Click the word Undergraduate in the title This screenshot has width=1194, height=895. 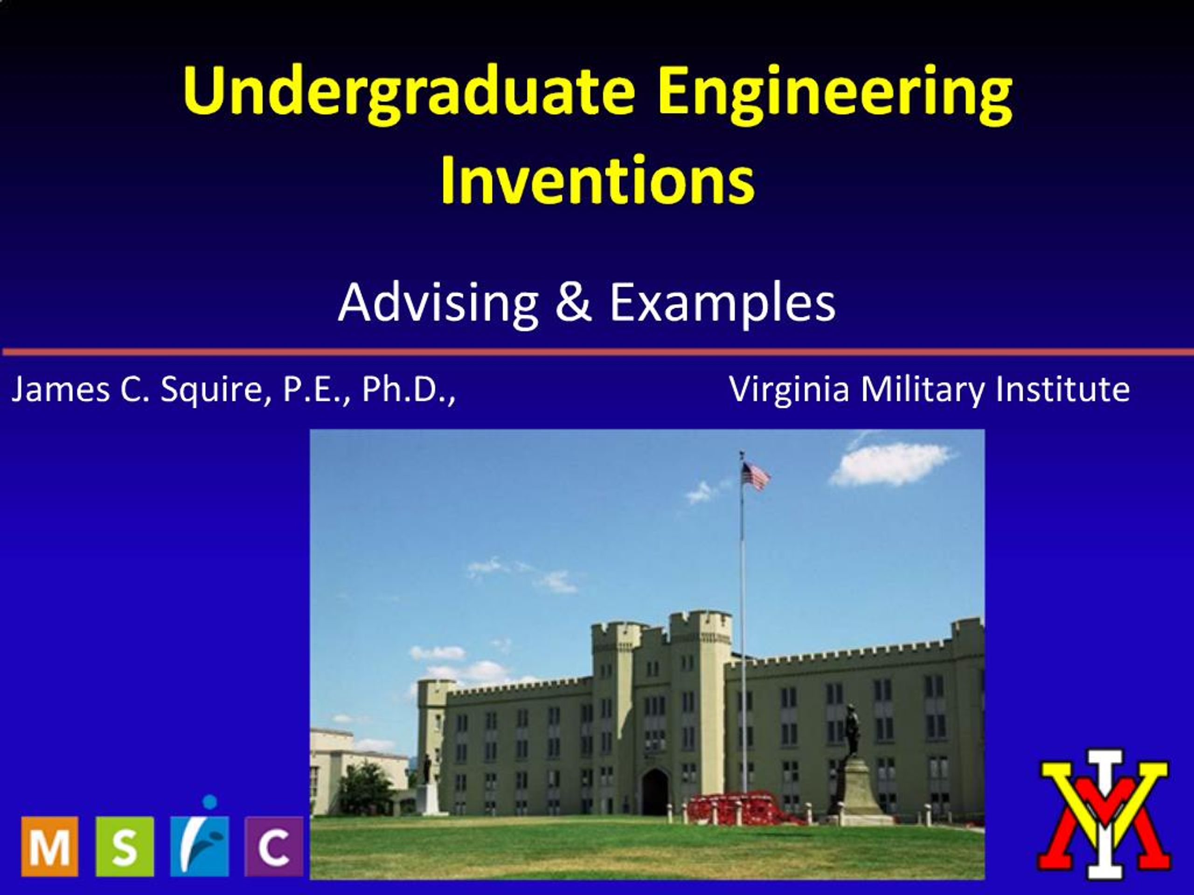pyautogui.click(x=408, y=90)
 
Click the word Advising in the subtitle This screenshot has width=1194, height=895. pyautogui.click(x=438, y=303)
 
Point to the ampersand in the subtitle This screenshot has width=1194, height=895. pyautogui.click(x=573, y=303)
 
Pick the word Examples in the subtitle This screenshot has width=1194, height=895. pyautogui.click(x=722, y=303)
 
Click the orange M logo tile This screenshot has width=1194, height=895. pyautogui.click(x=49, y=846)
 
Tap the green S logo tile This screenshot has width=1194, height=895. pyautogui.click(x=124, y=846)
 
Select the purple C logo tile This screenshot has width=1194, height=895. pyautogui.click(x=274, y=846)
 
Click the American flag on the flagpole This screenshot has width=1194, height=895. pyautogui.click(x=755, y=476)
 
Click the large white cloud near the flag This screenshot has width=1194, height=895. pyautogui.click(x=891, y=464)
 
